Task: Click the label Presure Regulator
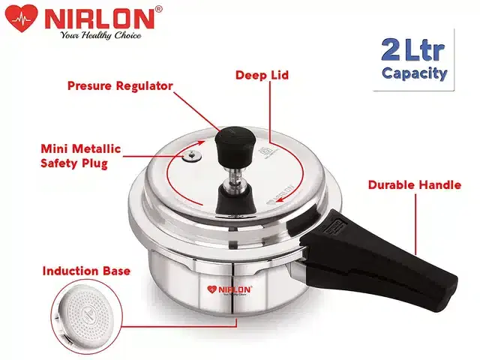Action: pyautogui.click(x=121, y=86)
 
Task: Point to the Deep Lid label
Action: pyautogui.click(x=262, y=75)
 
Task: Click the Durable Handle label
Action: pyautogui.click(x=414, y=184)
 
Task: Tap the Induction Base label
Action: pyautogui.click(x=85, y=271)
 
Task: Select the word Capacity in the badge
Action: pyautogui.click(x=415, y=73)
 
